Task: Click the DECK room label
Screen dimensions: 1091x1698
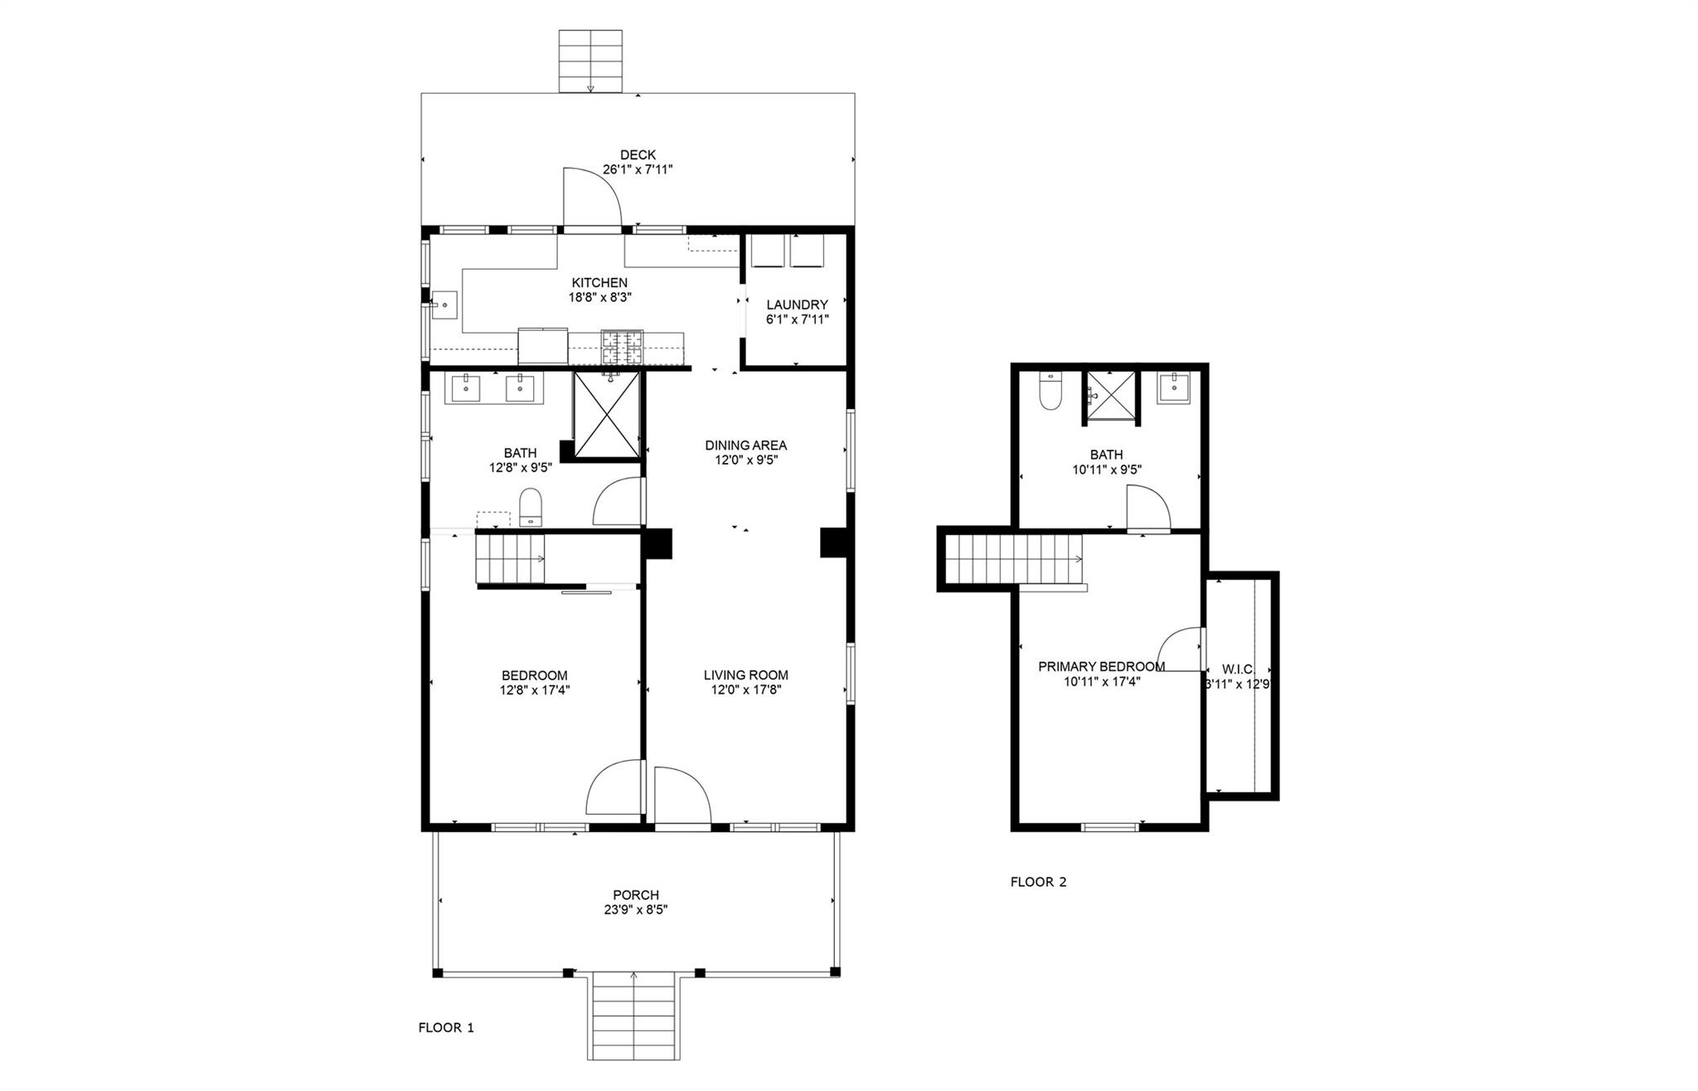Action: click(638, 155)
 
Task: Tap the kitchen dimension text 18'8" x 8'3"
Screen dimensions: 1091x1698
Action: click(599, 297)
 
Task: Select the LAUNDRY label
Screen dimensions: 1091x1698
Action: click(797, 304)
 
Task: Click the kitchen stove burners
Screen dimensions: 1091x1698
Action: click(622, 348)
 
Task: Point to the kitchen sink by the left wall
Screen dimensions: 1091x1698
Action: click(444, 304)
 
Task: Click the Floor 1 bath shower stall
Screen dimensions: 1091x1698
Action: click(607, 415)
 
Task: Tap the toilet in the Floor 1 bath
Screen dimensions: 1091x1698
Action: click(530, 507)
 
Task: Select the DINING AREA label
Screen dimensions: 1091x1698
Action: click(745, 446)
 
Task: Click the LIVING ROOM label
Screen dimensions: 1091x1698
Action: click(745, 675)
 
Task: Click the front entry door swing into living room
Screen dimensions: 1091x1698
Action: click(681, 794)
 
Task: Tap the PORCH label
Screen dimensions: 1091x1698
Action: click(636, 895)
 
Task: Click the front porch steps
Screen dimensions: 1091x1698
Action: click(634, 1016)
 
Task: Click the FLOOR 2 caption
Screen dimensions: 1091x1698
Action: click(1038, 882)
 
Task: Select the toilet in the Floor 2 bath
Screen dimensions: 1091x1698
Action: click(1050, 392)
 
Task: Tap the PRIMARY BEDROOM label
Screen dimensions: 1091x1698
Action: click(1101, 666)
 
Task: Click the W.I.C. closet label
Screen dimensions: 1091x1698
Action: click(1238, 670)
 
